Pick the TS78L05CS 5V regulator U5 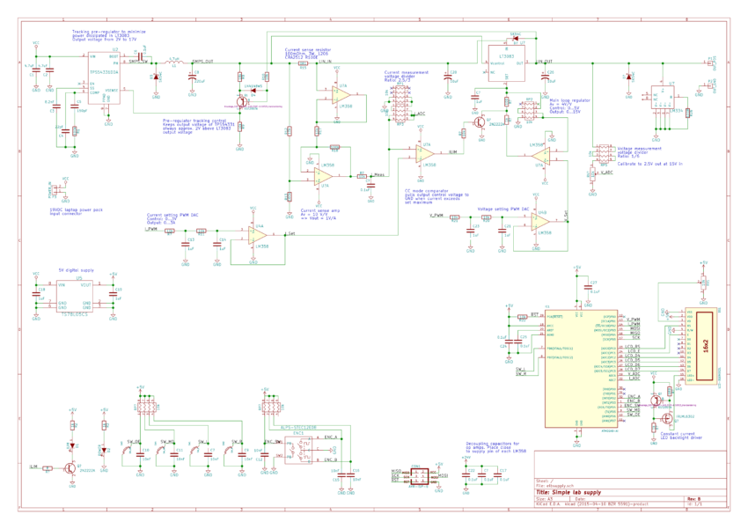[x=74, y=297]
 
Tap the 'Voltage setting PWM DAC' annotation [x=502, y=209]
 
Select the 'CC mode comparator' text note [x=435, y=195]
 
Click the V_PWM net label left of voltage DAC [x=436, y=215]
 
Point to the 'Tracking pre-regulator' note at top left [x=103, y=35]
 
